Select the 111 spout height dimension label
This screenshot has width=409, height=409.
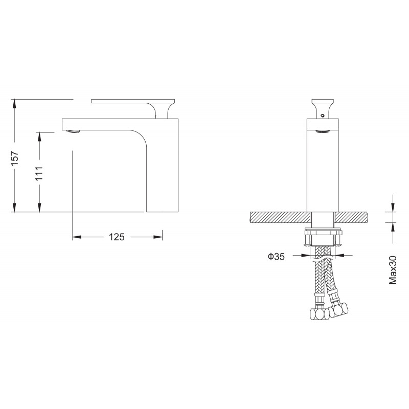(x=39, y=173)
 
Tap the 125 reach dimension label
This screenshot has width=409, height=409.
(x=117, y=237)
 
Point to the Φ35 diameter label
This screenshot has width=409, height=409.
(x=277, y=257)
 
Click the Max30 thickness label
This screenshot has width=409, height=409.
(x=393, y=270)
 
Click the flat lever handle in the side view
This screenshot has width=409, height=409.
(x=132, y=101)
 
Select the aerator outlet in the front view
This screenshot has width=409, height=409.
(x=323, y=131)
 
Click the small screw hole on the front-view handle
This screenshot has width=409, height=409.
(x=323, y=115)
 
